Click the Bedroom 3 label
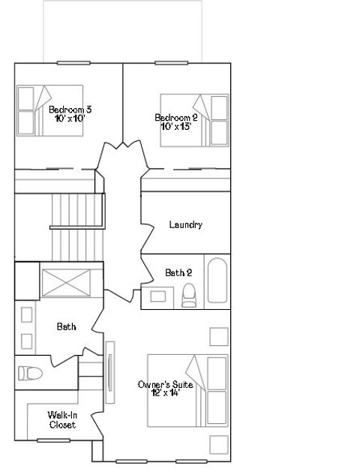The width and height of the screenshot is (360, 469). click(x=70, y=110)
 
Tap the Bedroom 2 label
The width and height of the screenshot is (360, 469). click(x=176, y=117)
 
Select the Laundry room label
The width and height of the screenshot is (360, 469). click(x=185, y=224)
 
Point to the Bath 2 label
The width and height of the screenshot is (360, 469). click(x=178, y=272)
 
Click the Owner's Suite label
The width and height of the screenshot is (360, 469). click(x=165, y=385)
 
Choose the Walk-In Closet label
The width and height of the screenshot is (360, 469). click(x=62, y=419)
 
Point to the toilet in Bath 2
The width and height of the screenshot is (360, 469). click(x=189, y=296)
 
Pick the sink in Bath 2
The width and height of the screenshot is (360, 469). click(x=158, y=296)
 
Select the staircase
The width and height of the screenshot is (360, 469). click(x=75, y=210)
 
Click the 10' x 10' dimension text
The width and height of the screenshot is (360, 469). click(x=70, y=118)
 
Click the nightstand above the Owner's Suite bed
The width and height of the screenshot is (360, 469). click(x=218, y=335)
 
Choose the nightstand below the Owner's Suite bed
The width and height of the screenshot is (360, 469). click(x=218, y=445)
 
